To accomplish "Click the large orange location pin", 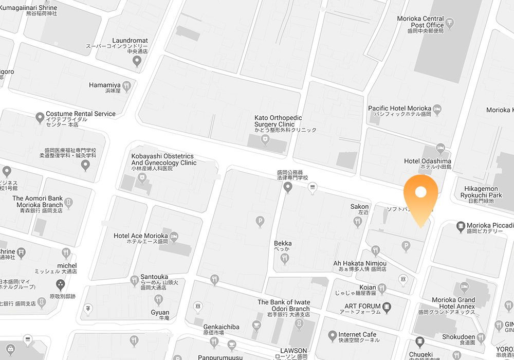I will tap(420, 196).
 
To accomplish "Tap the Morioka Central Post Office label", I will tap(420, 22).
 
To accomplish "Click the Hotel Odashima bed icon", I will tap(440, 148).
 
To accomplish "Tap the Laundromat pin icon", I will tap(137, 62).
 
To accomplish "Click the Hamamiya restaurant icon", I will tap(126, 85).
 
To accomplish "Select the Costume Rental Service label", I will tap(81, 114).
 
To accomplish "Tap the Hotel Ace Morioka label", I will tap(141, 236).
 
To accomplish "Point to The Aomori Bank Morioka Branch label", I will tap(38, 202).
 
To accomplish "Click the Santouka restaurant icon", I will tap(134, 279).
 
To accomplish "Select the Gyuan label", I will tap(160, 313).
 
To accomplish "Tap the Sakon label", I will tap(359, 207).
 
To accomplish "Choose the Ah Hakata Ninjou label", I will tap(360, 263).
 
